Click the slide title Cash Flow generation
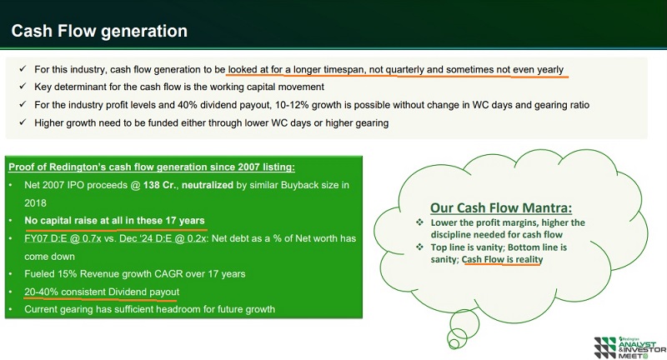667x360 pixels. [98, 31]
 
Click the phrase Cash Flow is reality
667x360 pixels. [503, 259]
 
